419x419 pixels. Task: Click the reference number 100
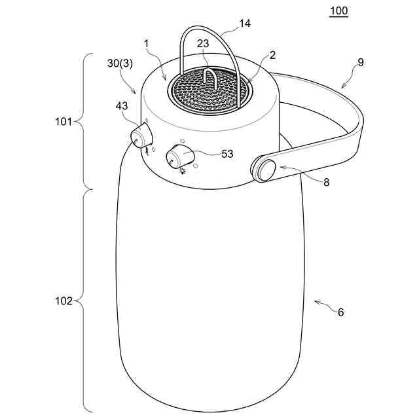[x=338, y=10]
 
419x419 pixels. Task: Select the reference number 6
[x=340, y=312]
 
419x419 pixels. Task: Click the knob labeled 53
[x=177, y=157]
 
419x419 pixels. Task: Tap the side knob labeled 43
[x=139, y=137]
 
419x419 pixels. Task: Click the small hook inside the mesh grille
[x=208, y=81]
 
